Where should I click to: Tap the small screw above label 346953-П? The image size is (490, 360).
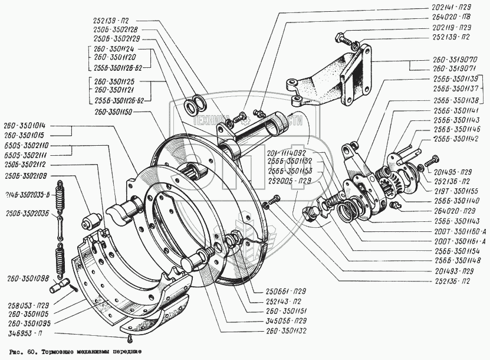point(129,339)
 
